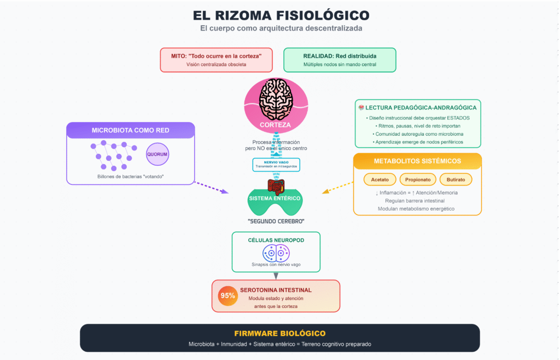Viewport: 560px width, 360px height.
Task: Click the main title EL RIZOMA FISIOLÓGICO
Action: coord(279,15)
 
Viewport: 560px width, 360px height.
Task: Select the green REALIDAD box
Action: coord(340,60)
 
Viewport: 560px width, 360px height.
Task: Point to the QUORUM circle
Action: coord(157,154)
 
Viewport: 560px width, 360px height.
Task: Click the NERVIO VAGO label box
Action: coord(276,165)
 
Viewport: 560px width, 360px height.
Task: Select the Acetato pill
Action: coord(380,179)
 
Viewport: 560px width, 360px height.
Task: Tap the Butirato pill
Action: coord(456,179)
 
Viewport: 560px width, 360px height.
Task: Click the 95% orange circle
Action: coord(227,296)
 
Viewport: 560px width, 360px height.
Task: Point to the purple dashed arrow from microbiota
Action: coord(212,187)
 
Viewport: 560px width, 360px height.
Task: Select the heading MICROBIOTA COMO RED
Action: coord(131,130)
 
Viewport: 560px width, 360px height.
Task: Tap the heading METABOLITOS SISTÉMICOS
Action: coord(417,161)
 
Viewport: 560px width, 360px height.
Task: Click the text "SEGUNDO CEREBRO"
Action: coord(276,221)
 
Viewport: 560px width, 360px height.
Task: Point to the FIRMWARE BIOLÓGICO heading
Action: coord(279,333)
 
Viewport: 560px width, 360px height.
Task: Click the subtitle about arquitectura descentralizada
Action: coord(279,28)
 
